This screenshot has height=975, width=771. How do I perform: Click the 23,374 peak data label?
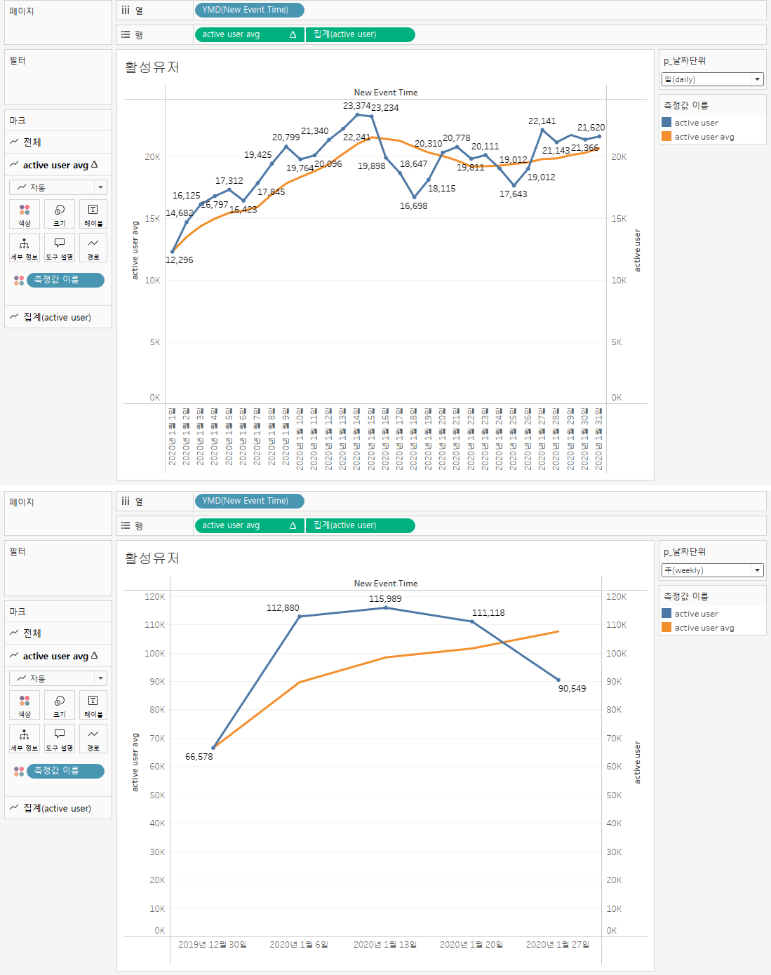coord(356,106)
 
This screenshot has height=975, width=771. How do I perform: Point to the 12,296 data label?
coord(179,260)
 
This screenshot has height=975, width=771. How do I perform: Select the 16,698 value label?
coord(413,206)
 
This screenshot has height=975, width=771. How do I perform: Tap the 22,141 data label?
coord(542,121)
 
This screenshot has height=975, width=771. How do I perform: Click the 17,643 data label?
coord(513,194)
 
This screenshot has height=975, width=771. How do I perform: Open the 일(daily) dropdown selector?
coord(712,79)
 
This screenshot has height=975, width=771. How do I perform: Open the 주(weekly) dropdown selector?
coord(712,570)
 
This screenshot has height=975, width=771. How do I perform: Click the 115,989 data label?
coord(385,599)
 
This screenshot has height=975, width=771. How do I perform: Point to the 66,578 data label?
coord(199,757)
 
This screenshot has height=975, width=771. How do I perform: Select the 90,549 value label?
coord(572,689)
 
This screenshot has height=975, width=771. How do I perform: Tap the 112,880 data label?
coord(283,608)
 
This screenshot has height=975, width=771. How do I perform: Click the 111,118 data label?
coord(488,613)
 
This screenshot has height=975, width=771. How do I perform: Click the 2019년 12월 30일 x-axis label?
coord(213,945)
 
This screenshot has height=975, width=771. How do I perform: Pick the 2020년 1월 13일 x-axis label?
coord(385,945)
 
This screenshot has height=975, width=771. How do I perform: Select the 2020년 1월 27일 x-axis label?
coord(558,945)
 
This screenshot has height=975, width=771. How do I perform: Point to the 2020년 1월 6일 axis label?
coord(299,945)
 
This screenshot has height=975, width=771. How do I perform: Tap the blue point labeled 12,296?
coord(173,251)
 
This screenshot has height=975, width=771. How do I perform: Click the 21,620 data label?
coord(591,128)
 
